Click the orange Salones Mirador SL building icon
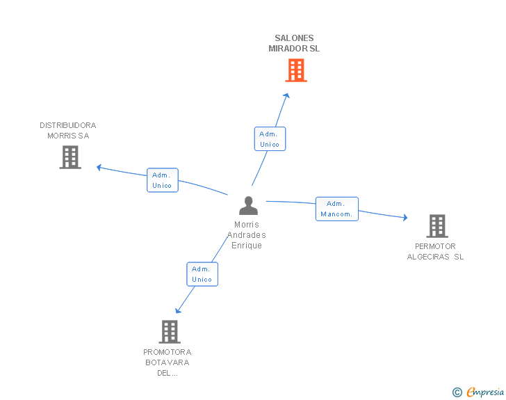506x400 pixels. [296, 70]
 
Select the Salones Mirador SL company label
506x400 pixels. [294, 44]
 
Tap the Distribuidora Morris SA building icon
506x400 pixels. [70, 157]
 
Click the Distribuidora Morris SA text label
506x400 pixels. [68, 130]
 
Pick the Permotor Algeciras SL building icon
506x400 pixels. [437, 226]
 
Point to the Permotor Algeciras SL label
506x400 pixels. [435, 251]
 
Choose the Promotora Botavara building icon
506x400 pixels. [170, 332]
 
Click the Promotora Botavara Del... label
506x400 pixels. [168, 362]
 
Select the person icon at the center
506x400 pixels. [248, 206]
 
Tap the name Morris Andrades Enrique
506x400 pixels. [247, 235]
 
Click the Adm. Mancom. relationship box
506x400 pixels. [337, 209]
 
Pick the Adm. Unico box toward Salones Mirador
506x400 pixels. [270, 139]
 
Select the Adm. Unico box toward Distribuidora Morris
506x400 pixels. [163, 180]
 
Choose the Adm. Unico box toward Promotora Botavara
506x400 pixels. [202, 274]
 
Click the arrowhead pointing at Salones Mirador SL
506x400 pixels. [288, 95]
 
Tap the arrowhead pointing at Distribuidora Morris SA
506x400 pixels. [99, 167]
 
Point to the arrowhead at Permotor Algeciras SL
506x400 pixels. [405, 218]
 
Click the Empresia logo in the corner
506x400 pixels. [485, 392]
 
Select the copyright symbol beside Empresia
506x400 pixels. [457, 393]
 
